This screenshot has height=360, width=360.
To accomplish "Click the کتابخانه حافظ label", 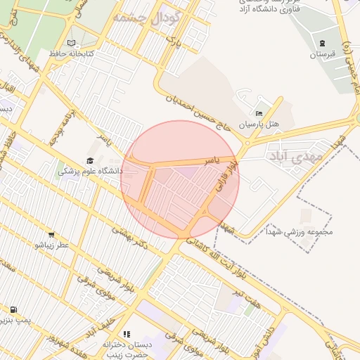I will (66, 53).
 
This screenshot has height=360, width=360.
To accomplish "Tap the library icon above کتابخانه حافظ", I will (71, 43).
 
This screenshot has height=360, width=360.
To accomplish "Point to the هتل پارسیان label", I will (259, 124).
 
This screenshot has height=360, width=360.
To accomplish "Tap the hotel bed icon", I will (259, 113).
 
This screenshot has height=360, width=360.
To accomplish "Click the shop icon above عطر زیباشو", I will (51, 234).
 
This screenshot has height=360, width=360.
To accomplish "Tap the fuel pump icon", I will (13, 309).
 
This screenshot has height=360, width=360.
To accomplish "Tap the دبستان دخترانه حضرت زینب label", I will (124, 349).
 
